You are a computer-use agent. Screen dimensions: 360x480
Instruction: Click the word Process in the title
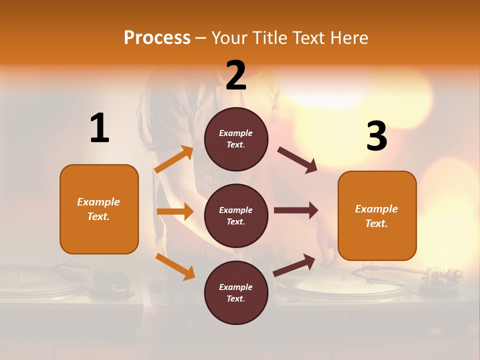click(157, 37)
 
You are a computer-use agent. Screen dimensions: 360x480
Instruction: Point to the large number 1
click(99, 128)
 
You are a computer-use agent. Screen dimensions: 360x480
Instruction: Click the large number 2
click(236, 75)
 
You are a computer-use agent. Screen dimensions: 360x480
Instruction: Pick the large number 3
click(376, 136)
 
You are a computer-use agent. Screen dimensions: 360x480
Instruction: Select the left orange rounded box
click(99, 209)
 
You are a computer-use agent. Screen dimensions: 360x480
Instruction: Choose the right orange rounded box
click(377, 216)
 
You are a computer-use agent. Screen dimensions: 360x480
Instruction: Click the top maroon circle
click(236, 139)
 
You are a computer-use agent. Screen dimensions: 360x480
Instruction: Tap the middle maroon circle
click(236, 216)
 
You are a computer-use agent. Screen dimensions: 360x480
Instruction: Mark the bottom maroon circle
click(236, 292)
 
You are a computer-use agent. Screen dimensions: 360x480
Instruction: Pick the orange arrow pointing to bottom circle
click(175, 266)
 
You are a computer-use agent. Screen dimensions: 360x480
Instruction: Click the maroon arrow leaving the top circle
click(297, 160)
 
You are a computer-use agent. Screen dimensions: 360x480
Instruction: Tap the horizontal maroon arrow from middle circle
click(295, 210)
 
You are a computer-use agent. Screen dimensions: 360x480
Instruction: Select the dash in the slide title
click(201, 38)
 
